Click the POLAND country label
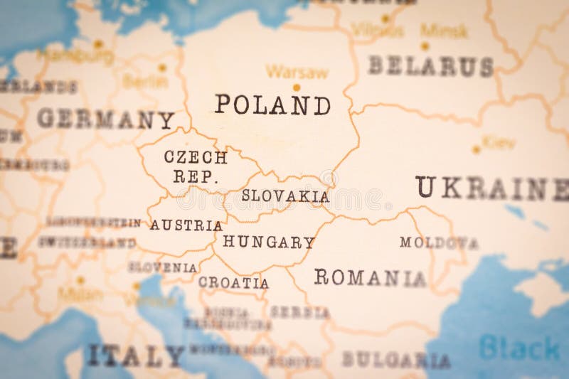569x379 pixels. click(272, 105)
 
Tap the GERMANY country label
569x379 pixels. click(105, 119)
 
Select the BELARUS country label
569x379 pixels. click(430, 66)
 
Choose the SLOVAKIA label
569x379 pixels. click(285, 196)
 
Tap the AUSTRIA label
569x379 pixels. click(186, 225)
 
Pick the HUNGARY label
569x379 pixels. click(268, 242)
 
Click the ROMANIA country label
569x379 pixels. click(370, 277)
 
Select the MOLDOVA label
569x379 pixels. click(438, 242)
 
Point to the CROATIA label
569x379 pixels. click(233, 283)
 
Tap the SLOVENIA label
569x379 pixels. click(162, 267)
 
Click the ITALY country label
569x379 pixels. click(134, 355)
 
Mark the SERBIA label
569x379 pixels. click(299, 312)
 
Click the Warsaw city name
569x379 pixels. click(297, 72)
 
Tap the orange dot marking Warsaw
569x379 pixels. click(296, 87)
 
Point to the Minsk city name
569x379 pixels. click(444, 30)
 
